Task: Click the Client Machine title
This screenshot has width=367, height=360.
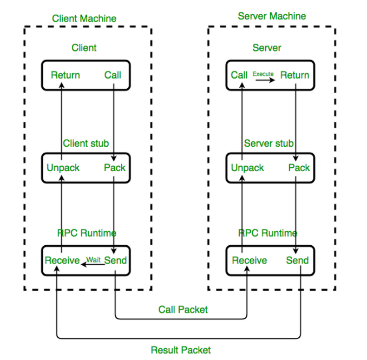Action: click(x=84, y=18)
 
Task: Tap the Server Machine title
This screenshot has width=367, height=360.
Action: click(x=272, y=16)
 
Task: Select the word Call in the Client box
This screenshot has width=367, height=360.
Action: click(x=113, y=75)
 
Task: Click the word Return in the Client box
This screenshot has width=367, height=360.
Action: click(x=65, y=75)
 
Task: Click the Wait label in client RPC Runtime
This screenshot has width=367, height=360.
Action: click(x=94, y=260)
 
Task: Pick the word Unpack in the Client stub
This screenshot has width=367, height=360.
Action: click(x=63, y=168)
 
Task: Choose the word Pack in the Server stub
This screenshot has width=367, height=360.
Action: click(x=299, y=168)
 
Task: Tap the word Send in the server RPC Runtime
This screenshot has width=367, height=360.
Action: click(x=297, y=260)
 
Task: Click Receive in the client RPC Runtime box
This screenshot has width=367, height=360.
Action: click(x=62, y=260)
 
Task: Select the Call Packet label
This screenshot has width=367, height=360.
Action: click(x=183, y=310)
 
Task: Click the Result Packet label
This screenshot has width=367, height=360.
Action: click(x=181, y=350)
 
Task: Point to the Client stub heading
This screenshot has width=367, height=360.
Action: click(x=86, y=143)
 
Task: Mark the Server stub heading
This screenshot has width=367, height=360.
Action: click(x=269, y=143)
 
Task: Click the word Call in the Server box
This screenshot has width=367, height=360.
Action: click(x=239, y=75)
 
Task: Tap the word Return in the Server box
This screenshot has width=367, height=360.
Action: click(x=295, y=75)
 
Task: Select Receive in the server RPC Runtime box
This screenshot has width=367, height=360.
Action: click(x=250, y=260)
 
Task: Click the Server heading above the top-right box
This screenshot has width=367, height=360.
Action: click(x=267, y=48)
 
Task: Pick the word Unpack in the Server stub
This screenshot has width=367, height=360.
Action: click(x=248, y=168)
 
